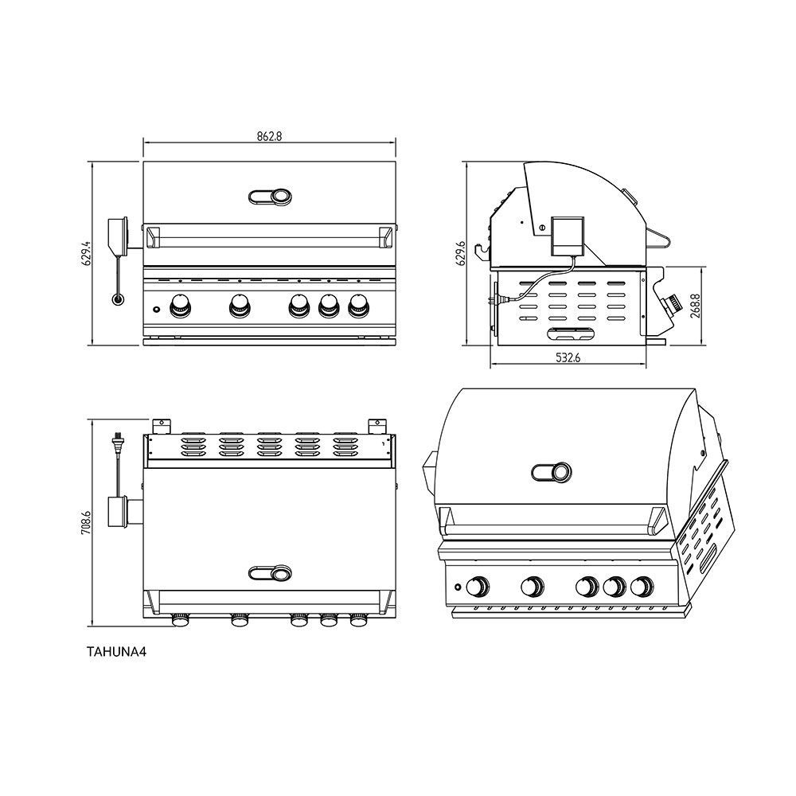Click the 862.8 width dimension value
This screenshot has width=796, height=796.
tap(269, 136)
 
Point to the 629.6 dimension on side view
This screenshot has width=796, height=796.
tap(461, 253)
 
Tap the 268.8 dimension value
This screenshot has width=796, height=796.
tap(695, 306)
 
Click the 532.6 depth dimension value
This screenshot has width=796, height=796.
tap(568, 358)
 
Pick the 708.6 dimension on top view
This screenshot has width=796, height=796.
tap(86, 523)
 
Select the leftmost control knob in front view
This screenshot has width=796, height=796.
tap(180, 306)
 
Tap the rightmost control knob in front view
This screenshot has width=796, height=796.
tap(359, 306)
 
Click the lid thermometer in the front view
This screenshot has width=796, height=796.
tap(271, 197)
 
